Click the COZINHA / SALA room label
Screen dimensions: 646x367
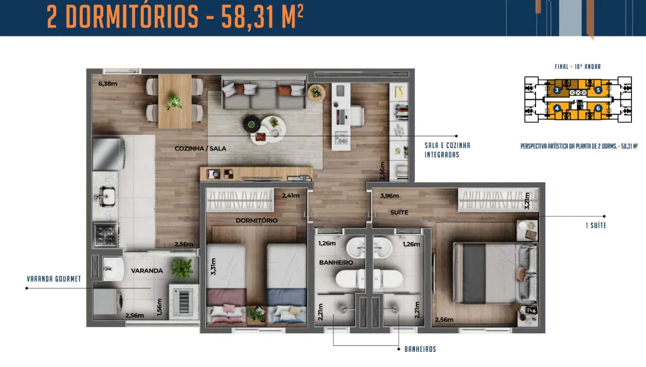(x=200, y=148)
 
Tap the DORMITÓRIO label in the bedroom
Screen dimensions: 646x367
(x=256, y=221)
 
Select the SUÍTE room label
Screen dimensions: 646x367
(x=399, y=212)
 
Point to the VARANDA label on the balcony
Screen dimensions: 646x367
(x=146, y=270)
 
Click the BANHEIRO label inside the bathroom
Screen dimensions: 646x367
(x=336, y=263)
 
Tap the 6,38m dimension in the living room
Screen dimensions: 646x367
(x=108, y=84)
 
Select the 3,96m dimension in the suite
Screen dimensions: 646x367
(x=390, y=196)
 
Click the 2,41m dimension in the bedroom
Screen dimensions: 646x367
(x=291, y=195)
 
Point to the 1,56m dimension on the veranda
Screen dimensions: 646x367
(x=159, y=308)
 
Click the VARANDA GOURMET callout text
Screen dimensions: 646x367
(x=53, y=279)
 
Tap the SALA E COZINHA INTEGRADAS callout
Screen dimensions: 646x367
(x=447, y=150)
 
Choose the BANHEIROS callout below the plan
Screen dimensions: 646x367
(x=420, y=349)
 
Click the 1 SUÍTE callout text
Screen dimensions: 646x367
(x=595, y=226)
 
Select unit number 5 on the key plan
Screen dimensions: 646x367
(x=598, y=90)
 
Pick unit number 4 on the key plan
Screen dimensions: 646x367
(x=557, y=108)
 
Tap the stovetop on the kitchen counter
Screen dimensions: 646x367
(x=106, y=235)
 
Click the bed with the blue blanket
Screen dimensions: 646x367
(x=286, y=283)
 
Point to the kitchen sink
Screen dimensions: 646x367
(x=106, y=196)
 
